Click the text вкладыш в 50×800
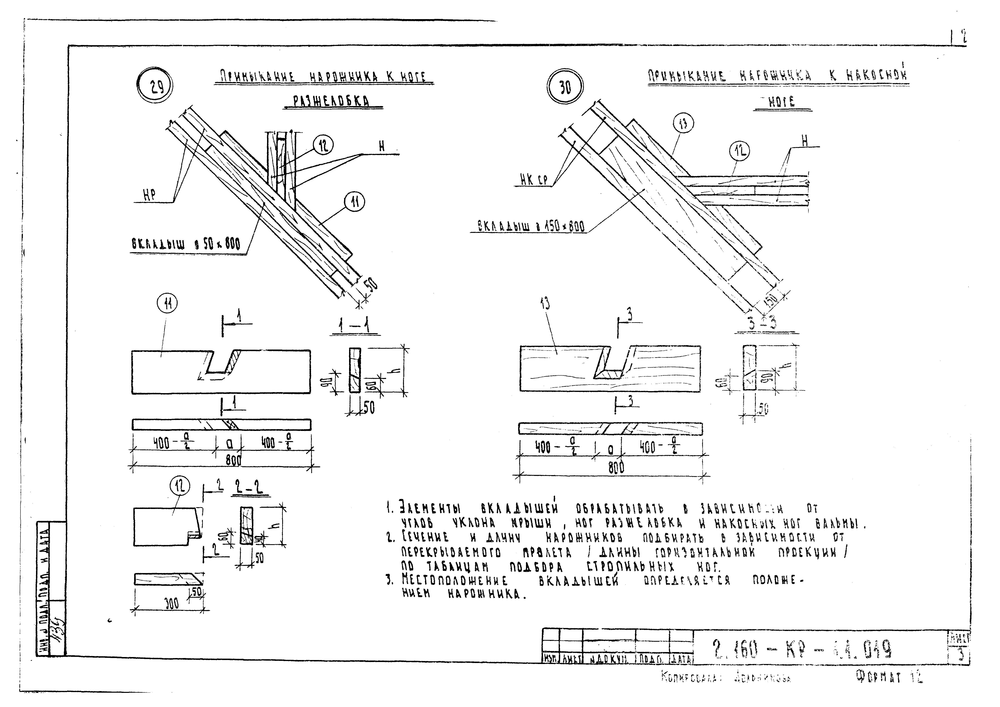[x=185, y=245]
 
